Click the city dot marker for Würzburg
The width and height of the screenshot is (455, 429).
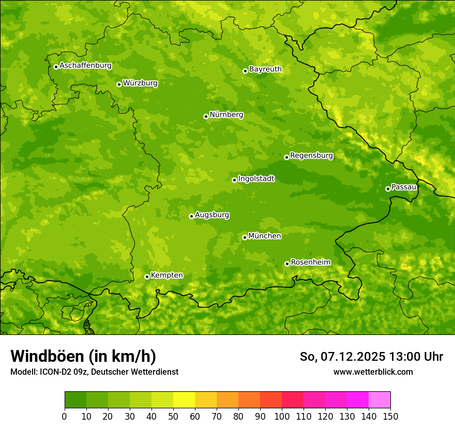click(119, 84)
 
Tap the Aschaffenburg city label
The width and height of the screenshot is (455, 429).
click(85, 66)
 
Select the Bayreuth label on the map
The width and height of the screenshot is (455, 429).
click(265, 69)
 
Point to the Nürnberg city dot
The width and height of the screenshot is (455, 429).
click(206, 116)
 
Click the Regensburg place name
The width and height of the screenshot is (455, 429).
click(311, 156)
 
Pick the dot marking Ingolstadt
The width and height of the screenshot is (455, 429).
click(234, 180)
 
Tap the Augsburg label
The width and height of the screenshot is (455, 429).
click(212, 215)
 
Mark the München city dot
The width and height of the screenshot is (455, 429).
click(245, 237)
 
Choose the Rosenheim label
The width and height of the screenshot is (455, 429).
click(310, 263)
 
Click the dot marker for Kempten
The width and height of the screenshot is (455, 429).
click(147, 277)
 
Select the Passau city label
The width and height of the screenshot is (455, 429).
click(404, 187)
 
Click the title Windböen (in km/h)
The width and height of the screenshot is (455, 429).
click(83, 356)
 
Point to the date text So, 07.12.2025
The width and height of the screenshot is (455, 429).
click(342, 357)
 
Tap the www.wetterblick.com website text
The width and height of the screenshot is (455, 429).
click(373, 372)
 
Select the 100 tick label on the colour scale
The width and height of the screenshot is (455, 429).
click(282, 417)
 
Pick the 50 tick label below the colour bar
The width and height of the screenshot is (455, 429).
click(173, 417)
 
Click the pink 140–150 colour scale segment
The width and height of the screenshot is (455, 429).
click(380, 400)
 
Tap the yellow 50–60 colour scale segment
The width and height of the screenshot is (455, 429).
click(184, 400)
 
